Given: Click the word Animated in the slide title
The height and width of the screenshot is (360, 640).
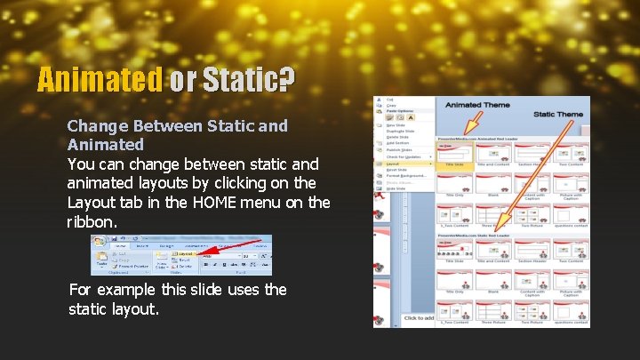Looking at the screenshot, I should [100, 81].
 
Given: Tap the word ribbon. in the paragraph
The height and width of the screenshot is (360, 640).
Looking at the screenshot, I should [92, 222].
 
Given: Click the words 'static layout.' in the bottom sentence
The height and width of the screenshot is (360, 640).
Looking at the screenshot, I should [113, 309].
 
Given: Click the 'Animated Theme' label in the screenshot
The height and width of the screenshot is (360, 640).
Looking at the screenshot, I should [476, 105].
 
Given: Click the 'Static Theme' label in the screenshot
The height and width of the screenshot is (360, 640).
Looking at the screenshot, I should [557, 115].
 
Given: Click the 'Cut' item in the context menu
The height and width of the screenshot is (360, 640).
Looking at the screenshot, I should [389, 100].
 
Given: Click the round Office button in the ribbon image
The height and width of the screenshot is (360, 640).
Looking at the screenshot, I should [100, 244].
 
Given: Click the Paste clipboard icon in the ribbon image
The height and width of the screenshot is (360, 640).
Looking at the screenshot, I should [101, 260].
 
